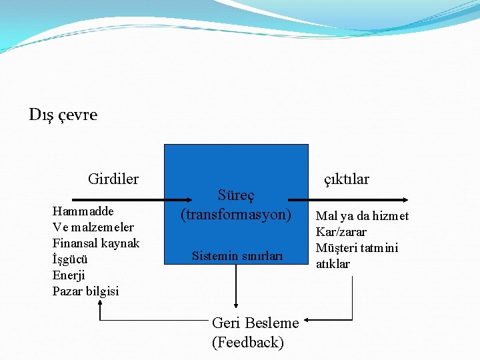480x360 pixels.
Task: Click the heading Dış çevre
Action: (x=63, y=115)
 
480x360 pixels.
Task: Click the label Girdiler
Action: (x=113, y=179)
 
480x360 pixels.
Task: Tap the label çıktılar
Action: (x=346, y=179)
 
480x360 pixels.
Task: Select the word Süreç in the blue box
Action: (x=237, y=196)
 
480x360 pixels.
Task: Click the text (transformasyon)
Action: (x=237, y=215)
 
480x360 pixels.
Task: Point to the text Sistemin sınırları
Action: (x=237, y=255)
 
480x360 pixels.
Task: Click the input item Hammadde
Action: (x=83, y=211)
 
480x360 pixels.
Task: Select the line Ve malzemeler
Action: (x=93, y=227)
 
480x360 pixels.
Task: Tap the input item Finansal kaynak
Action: (x=96, y=243)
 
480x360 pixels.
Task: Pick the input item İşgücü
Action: (x=70, y=259)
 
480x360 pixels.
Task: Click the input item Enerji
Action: (x=69, y=275)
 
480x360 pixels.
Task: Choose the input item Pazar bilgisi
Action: (x=86, y=291)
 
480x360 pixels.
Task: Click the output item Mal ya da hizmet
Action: (x=362, y=216)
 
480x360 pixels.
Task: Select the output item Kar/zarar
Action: (x=341, y=232)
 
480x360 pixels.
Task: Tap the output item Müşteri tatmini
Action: (x=357, y=248)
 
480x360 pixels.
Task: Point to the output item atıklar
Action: (x=333, y=264)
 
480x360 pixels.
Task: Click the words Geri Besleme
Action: (x=255, y=323)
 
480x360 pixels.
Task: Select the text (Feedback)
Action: (x=248, y=343)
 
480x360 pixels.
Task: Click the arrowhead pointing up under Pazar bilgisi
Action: (x=100, y=303)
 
